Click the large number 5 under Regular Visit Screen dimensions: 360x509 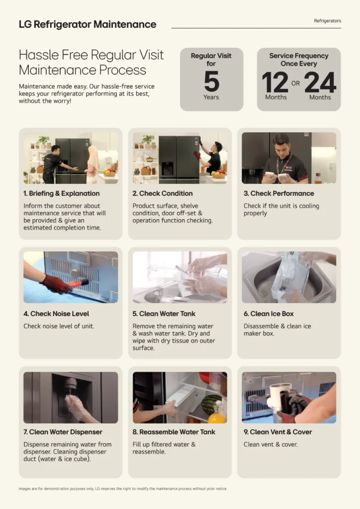[x=212, y=81]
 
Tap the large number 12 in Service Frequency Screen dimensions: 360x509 [x=275, y=82]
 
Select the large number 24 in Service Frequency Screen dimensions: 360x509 [x=320, y=82]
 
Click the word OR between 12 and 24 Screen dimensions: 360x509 [x=295, y=83]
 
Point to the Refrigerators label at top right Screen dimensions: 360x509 [x=327, y=21]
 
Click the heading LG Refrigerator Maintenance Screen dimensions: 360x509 [x=88, y=24]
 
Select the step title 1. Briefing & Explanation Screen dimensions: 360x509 [x=61, y=193]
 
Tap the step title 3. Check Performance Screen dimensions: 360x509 [x=279, y=193]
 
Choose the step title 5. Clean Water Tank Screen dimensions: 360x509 [x=164, y=314]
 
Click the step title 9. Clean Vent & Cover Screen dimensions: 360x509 [x=277, y=432]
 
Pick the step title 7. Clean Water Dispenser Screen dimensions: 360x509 [x=63, y=432]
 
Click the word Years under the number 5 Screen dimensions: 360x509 [x=211, y=97]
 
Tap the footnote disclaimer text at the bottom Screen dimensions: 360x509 [x=123, y=489]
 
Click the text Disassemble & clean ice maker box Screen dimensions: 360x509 [x=277, y=330]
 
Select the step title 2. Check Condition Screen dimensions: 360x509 [x=162, y=193]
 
